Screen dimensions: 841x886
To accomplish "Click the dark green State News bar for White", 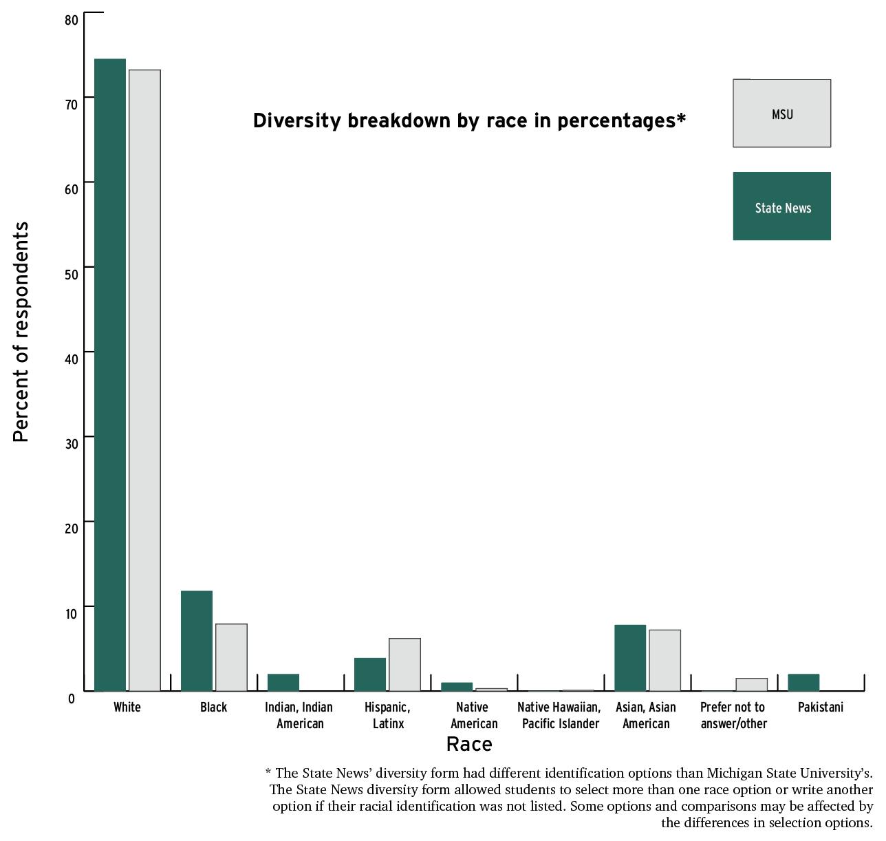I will click(110, 374).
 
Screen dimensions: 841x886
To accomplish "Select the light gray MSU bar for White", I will click(144, 380).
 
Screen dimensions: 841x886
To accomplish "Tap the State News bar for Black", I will click(197, 641).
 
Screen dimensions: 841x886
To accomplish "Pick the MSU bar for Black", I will click(231, 657).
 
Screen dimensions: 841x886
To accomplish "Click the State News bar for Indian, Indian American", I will click(283, 682).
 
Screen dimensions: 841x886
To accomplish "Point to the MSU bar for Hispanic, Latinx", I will click(404, 664).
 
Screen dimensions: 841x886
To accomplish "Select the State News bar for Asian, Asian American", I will click(630, 657).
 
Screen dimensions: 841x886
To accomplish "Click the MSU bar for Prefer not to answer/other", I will click(751, 684).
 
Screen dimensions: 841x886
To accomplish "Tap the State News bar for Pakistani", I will click(803, 682).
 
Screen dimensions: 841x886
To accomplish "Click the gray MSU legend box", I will click(781, 114).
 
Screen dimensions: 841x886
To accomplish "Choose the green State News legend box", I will click(781, 206).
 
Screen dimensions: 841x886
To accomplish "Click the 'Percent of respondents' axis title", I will click(21, 332).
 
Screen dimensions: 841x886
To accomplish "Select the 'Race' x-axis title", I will click(469, 744).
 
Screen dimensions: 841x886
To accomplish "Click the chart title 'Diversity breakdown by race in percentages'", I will click(469, 121).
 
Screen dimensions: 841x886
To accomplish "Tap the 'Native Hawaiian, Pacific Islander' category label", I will click(559, 715).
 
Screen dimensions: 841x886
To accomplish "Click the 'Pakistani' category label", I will click(820, 707).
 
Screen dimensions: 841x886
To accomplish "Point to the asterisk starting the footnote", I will click(268, 772).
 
